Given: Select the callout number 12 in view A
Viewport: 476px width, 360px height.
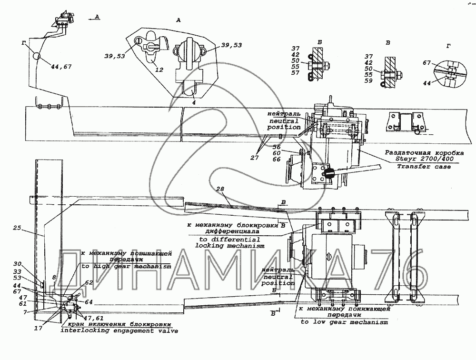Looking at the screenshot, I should click(159, 70).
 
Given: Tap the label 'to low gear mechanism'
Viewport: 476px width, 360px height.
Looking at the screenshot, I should click(344, 322).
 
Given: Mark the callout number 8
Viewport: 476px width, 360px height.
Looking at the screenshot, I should click(54, 277).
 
